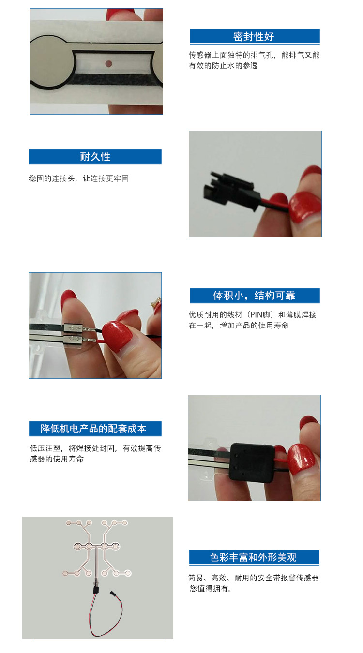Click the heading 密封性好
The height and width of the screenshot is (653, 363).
254,37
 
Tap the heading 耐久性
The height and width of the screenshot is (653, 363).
95,157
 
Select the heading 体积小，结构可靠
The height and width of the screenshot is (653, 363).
254,296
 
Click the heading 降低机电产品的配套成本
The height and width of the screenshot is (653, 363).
93,429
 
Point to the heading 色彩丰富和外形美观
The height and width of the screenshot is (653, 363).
253,557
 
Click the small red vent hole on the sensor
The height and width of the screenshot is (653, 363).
108,63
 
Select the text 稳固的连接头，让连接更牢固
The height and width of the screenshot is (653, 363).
79,178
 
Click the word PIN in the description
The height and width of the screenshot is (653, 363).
256,315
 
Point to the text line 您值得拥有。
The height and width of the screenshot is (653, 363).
211,589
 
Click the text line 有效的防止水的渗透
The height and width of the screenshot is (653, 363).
223,66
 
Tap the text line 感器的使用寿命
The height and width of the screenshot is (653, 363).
57,459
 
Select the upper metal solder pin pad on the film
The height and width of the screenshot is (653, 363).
74,328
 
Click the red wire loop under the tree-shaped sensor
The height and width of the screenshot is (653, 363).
105,616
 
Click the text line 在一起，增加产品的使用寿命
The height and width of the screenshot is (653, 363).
239,326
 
